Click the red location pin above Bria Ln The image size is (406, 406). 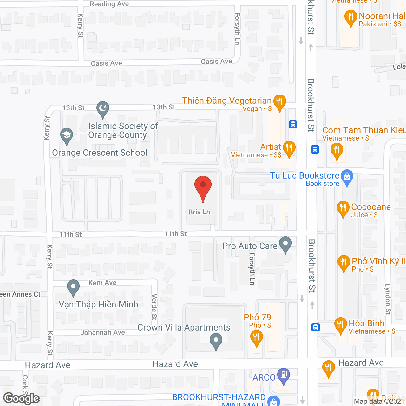click(x=203, y=187)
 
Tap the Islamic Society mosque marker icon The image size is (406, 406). click(x=103, y=108)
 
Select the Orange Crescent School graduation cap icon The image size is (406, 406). click(x=67, y=135)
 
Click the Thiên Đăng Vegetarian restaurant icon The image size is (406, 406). click(x=279, y=102)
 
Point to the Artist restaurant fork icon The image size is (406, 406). click(x=289, y=148)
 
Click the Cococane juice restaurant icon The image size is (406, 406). click(x=343, y=208)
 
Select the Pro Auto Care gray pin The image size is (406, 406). click(x=286, y=244)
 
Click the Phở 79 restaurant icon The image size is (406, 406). click(x=257, y=337)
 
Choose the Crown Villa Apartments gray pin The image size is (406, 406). click(x=216, y=341)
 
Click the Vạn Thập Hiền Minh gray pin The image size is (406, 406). click(x=73, y=287)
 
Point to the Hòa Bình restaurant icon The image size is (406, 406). click(x=340, y=324)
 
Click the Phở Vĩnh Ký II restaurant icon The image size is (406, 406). click(x=344, y=262)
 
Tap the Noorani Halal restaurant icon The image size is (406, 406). click(x=350, y=17)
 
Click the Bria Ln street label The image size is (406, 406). click(x=199, y=212)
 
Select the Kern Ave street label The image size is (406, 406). click(x=102, y=283)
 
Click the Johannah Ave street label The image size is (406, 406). click(x=103, y=332)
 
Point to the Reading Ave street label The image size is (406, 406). click(x=109, y=4)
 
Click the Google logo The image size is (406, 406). click(x=22, y=398)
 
